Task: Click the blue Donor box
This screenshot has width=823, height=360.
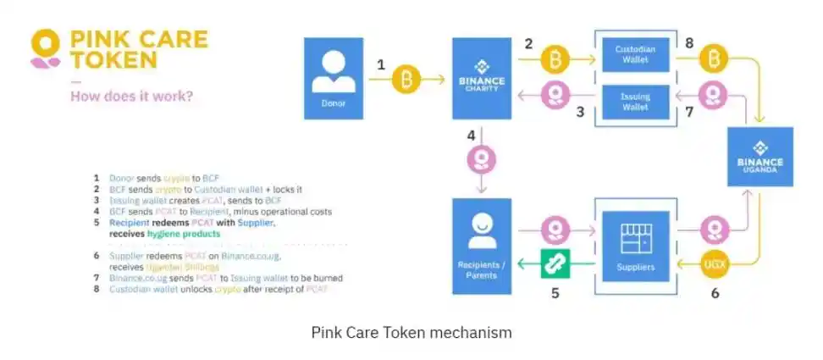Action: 334,78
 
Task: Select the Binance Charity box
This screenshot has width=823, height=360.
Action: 481,78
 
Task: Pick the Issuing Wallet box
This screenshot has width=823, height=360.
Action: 633,102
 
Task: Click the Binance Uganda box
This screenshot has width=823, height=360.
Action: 759,157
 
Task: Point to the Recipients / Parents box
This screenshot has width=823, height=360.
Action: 481,246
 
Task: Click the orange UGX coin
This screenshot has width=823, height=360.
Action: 713,265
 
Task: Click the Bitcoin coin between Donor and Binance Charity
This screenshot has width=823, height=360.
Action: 409,80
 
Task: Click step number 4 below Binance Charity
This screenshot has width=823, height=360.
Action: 471,136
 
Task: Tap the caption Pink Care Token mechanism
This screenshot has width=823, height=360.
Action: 411,333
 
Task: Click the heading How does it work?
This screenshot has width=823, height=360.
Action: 131,96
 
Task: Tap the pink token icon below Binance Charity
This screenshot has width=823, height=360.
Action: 482,159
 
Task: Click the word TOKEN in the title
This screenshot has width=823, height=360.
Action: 114,59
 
